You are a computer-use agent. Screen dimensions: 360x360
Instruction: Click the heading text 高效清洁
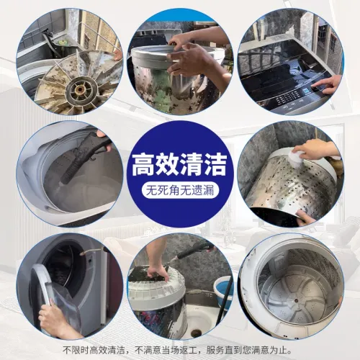click(179, 165)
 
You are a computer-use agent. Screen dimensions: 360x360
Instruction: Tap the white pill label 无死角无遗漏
click(180, 191)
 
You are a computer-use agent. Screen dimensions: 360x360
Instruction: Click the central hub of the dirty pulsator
click(78, 91)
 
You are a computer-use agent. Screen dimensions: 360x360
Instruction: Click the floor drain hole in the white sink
click(196, 333)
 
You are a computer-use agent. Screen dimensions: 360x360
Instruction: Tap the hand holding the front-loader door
click(52, 319)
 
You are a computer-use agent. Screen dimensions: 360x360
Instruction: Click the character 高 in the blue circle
click(144, 165)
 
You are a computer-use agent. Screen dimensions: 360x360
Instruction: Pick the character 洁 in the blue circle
click(215, 165)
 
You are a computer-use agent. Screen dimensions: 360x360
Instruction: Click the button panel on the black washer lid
click(288, 98)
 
